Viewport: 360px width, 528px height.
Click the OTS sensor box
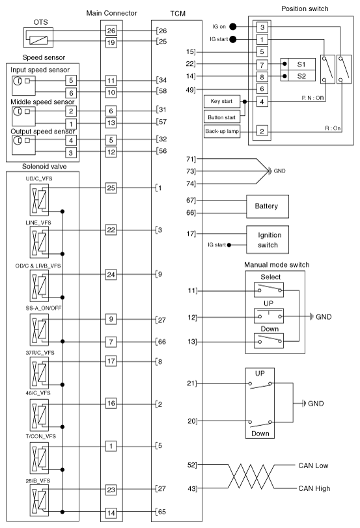point(42,40)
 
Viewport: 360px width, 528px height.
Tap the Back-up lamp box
point(222,131)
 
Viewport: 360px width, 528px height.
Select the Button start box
point(222,117)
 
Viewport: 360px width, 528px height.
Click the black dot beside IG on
point(232,27)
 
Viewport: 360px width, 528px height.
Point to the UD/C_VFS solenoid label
point(38,178)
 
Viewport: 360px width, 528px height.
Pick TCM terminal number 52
point(191,465)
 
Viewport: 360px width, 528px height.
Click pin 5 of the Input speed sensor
point(71,81)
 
